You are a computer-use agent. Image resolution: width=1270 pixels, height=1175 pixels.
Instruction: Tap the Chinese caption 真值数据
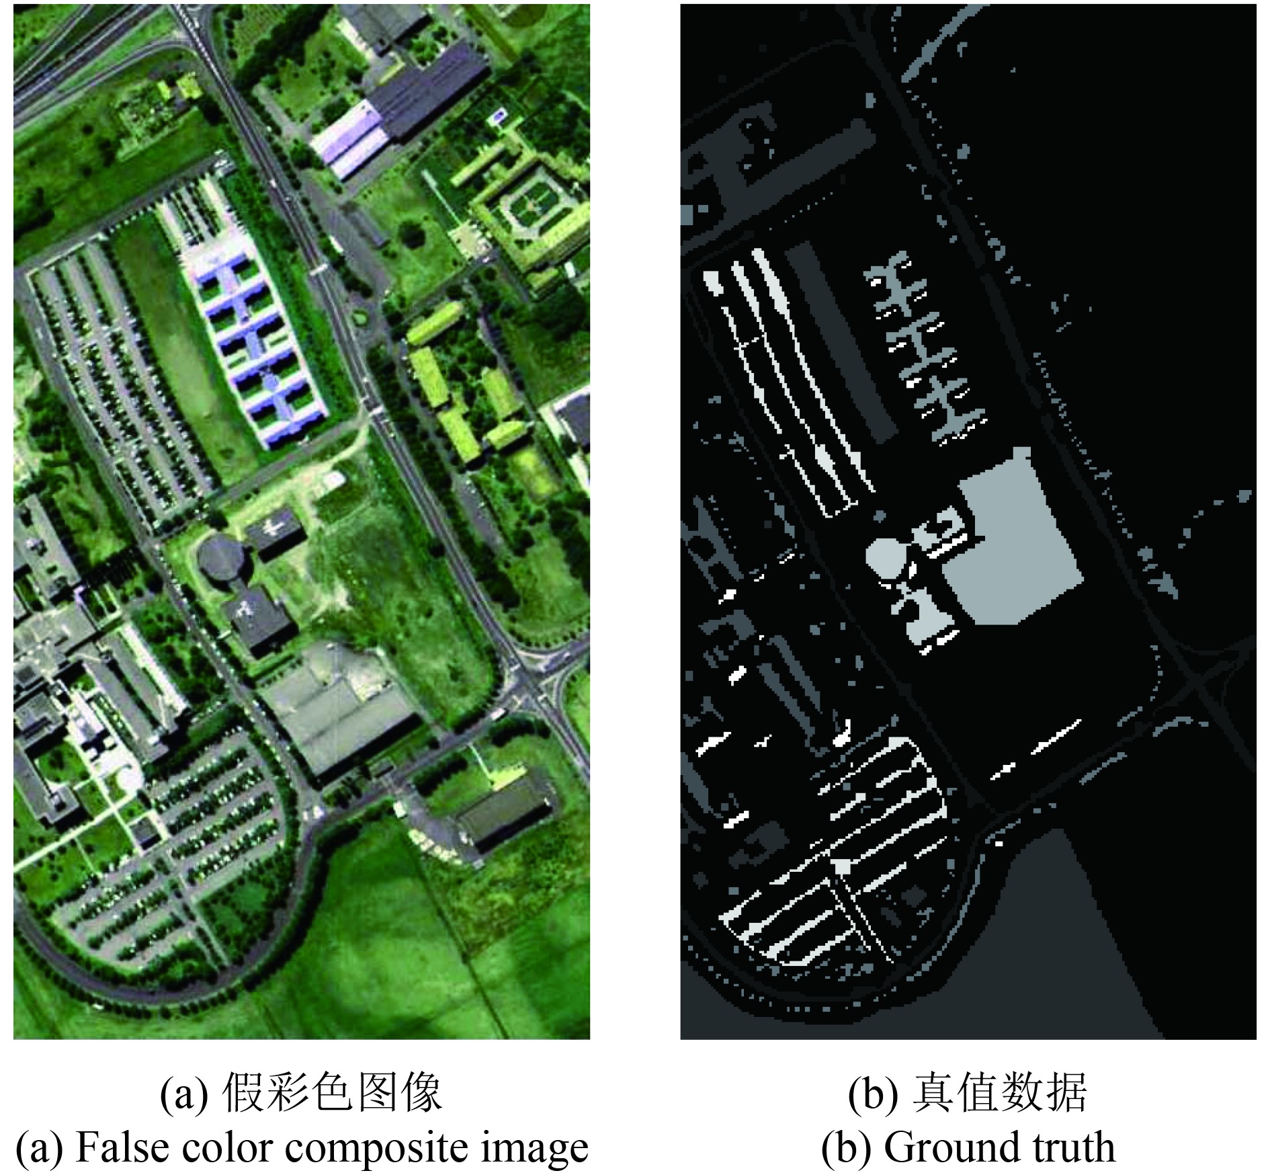click(x=999, y=1092)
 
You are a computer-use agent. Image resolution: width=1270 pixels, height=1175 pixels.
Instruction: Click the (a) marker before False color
click(x=39, y=1148)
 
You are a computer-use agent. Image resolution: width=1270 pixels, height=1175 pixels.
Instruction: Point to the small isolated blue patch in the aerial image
click(x=498, y=116)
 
